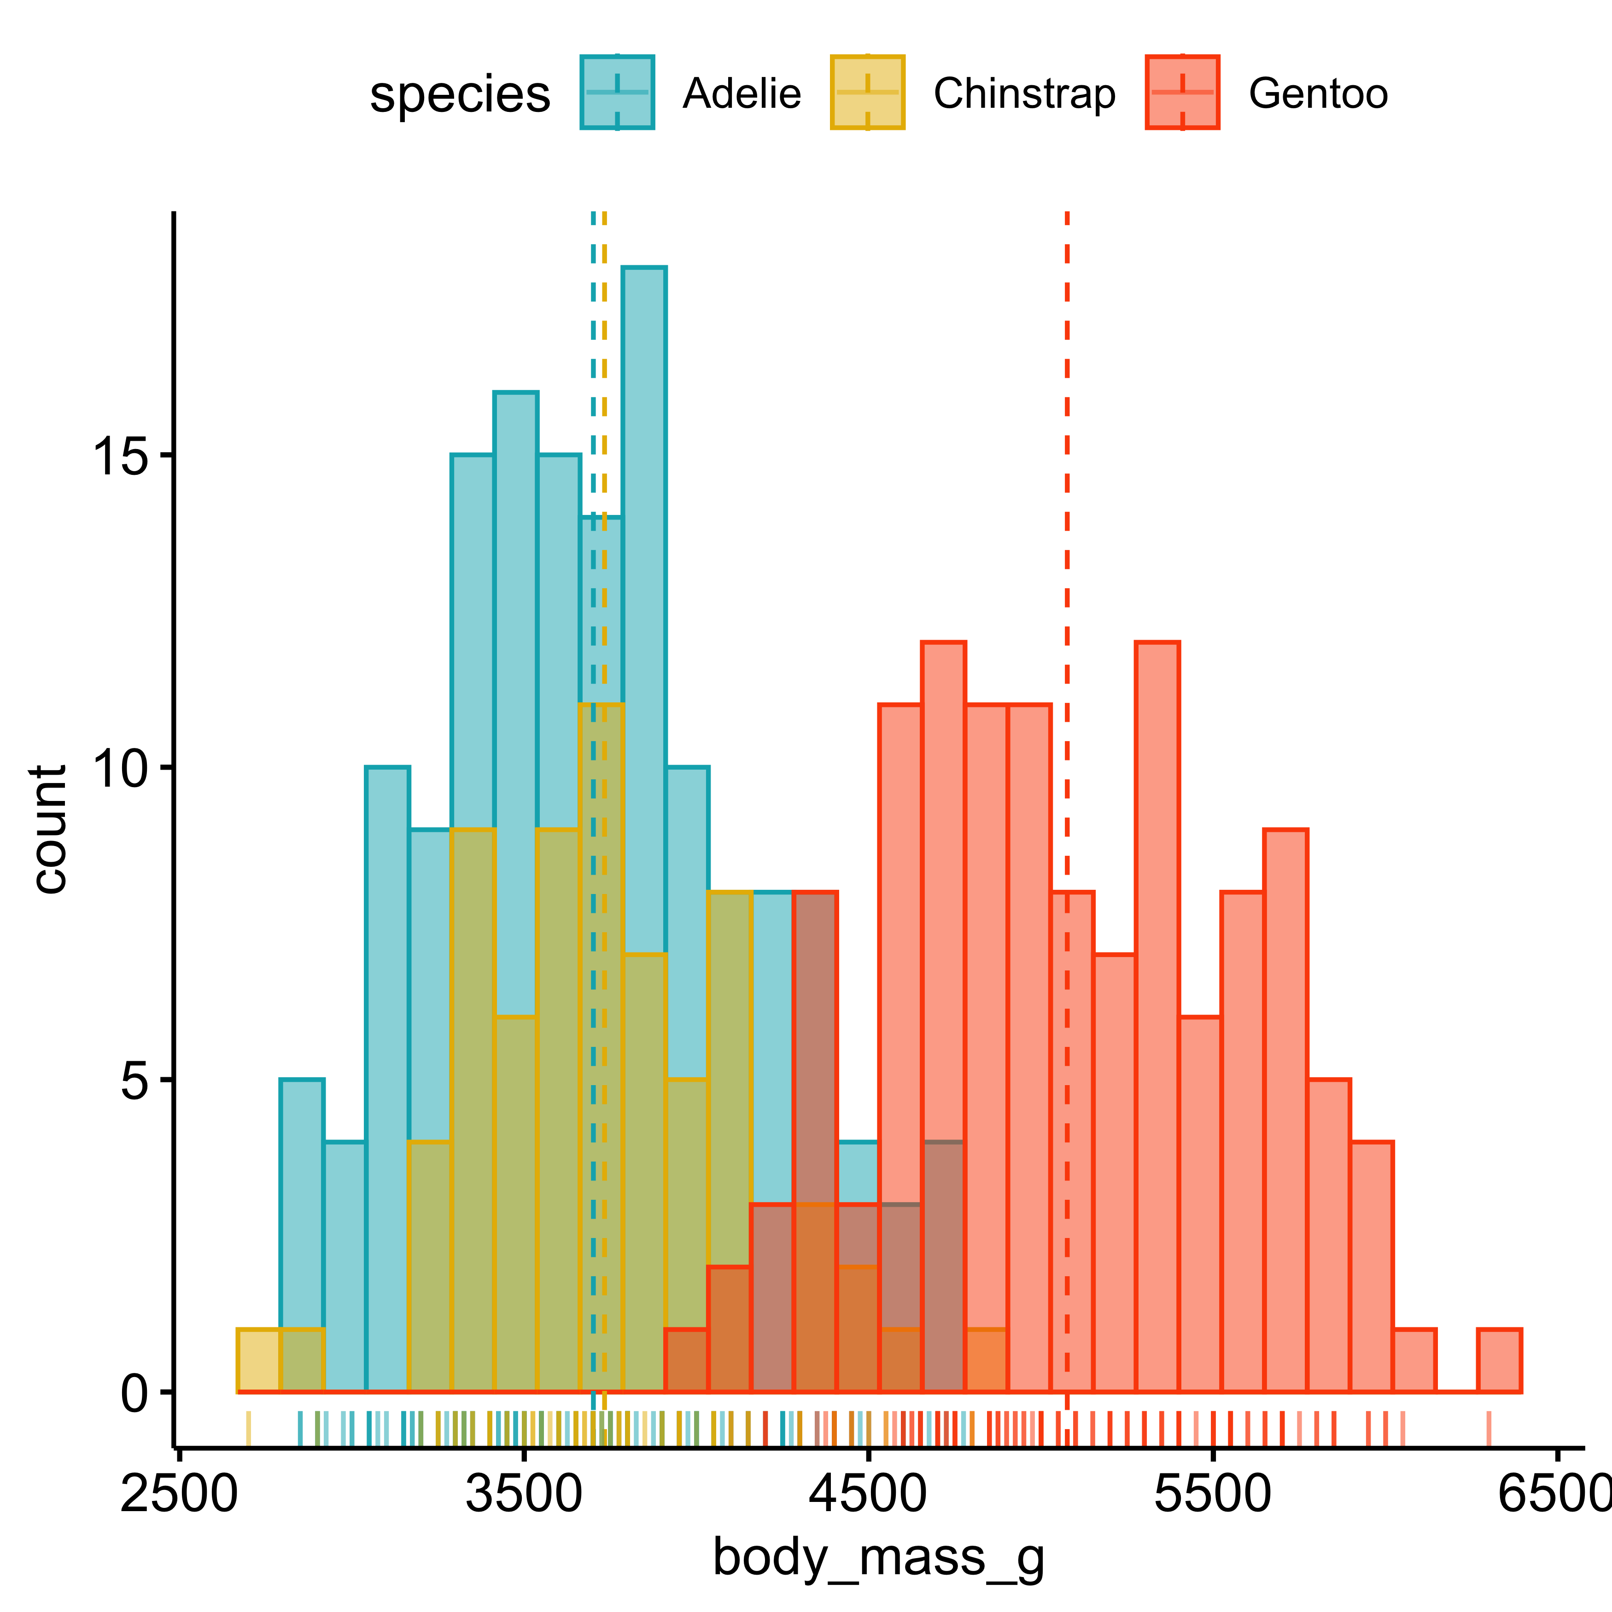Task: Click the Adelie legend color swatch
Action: pyautogui.click(x=618, y=93)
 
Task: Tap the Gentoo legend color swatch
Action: pyautogui.click(x=1182, y=93)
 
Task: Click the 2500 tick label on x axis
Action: pyautogui.click(x=179, y=1494)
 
